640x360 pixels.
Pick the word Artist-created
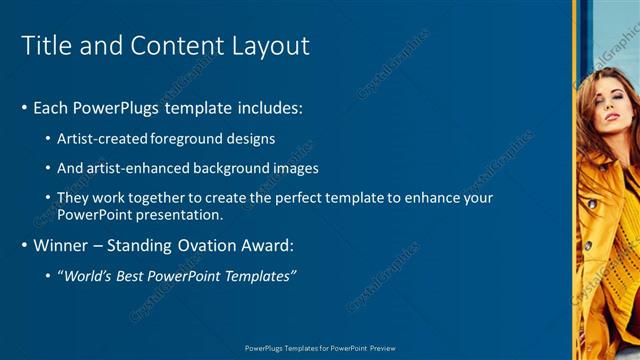click(x=103, y=139)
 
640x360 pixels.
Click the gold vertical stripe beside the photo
click(x=575, y=180)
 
